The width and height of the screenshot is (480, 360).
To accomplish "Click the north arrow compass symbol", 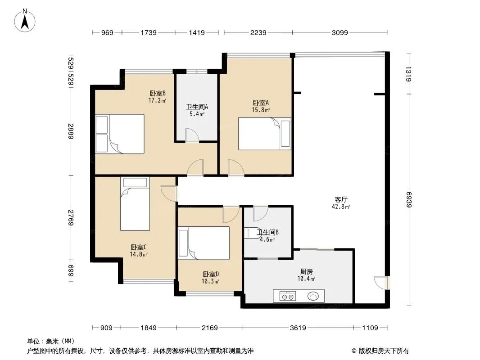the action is [25, 21].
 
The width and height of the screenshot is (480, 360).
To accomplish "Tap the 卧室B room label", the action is [158, 93].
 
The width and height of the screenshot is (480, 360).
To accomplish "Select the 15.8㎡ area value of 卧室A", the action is [261, 110].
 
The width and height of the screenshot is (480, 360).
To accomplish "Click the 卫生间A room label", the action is [197, 107].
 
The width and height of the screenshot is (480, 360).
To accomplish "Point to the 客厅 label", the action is [341, 200].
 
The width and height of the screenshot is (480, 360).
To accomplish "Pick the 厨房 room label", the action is [307, 272].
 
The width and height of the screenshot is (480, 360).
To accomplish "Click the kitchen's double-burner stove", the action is [288, 296].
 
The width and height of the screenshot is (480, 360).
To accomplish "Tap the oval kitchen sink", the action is [313, 296].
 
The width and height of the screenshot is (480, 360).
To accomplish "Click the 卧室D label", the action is [211, 274].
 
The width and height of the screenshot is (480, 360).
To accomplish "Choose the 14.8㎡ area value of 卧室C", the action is [139, 254].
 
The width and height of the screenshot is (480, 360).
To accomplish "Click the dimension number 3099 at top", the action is [340, 32].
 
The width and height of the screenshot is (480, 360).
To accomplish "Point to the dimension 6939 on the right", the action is [409, 200].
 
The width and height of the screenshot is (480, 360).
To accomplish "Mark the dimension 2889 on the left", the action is [71, 131].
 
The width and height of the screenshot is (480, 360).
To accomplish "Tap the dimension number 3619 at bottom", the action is [298, 328].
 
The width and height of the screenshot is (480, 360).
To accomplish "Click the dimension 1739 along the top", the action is [149, 32].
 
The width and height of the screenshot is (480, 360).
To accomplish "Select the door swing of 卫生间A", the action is [192, 135].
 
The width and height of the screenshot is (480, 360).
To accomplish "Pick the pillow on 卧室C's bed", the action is [135, 182].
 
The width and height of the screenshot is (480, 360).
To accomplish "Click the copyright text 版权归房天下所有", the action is [384, 351].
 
